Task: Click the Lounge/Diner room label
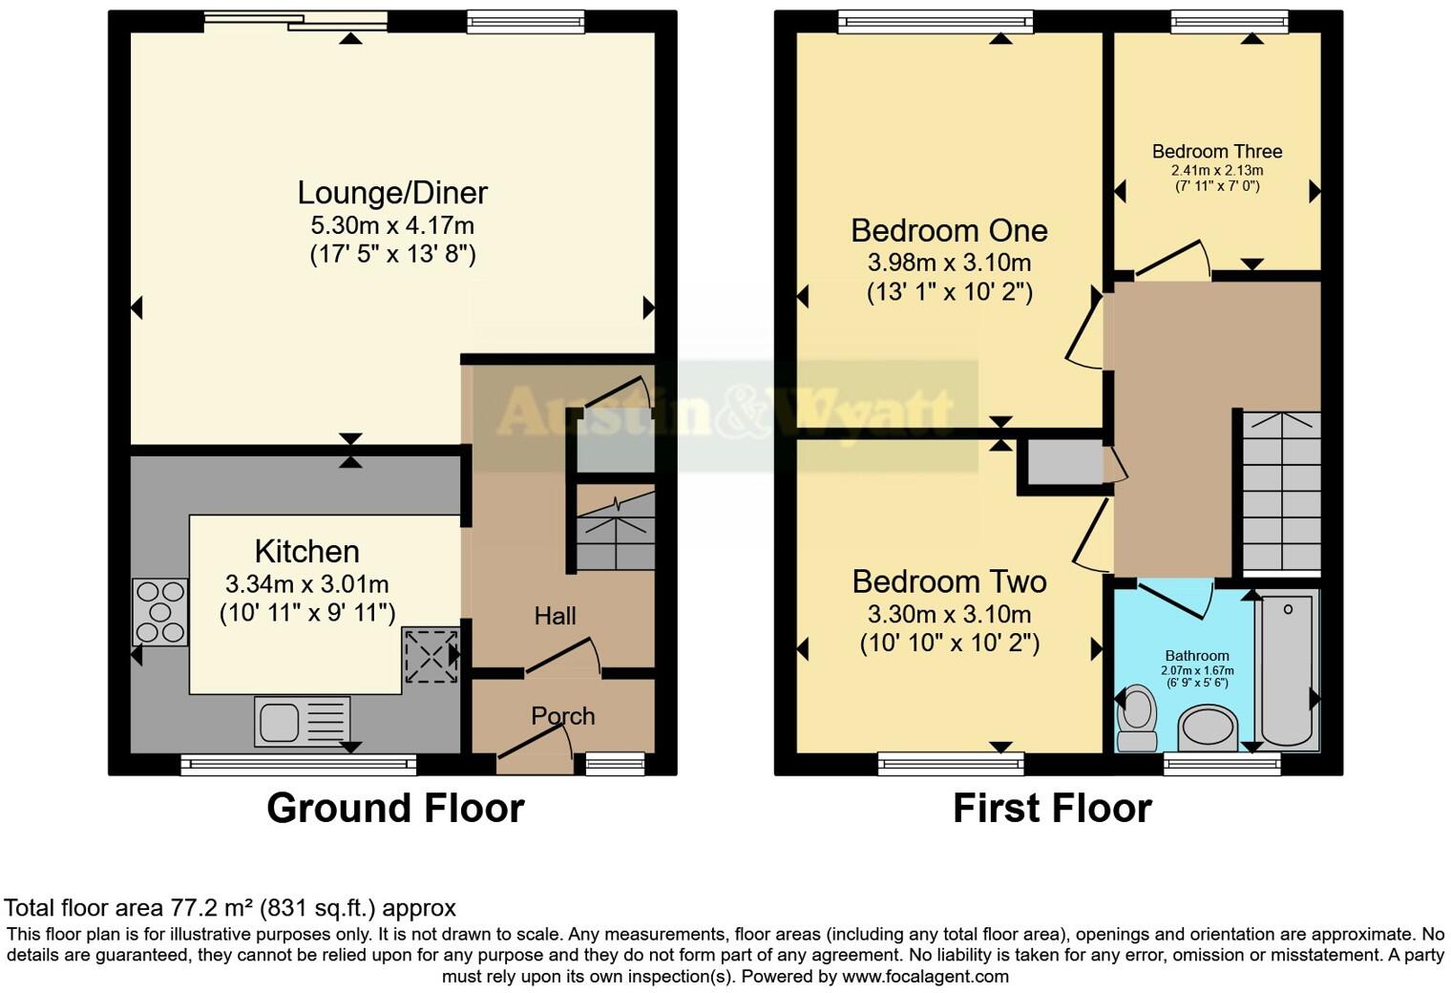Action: click(x=392, y=193)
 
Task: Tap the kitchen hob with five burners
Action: click(x=159, y=612)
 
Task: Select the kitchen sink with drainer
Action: click(x=302, y=721)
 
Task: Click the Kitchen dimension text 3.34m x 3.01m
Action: click(x=306, y=583)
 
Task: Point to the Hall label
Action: click(x=555, y=616)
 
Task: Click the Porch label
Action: click(x=562, y=715)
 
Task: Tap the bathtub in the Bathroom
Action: click(x=1287, y=667)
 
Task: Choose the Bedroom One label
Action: click(x=949, y=230)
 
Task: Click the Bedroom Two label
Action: click(x=949, y=581)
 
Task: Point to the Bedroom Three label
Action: click(x=1216, y=151)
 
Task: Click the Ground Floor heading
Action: click(x=395, y=808)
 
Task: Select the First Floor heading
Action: click(x=1052, y=808)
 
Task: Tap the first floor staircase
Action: click(x=1281, y=492)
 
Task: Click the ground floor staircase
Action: click(x=615, y=531)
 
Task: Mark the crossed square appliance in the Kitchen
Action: click(x=431, y=655)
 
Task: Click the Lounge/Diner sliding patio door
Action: click(x=296, y=21)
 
